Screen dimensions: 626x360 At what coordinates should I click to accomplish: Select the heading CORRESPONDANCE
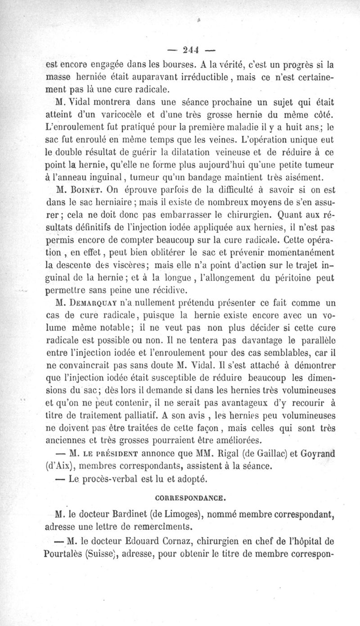(197, 498)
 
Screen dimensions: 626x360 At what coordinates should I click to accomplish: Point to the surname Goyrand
(321, 452)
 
